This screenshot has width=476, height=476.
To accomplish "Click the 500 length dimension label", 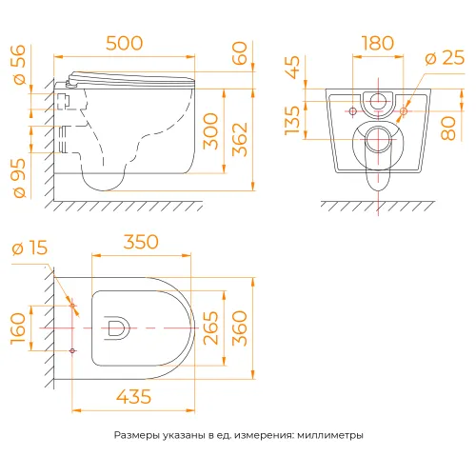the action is point(124,43).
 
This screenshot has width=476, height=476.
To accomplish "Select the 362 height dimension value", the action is point(240,140).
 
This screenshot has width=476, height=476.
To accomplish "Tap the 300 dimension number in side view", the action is point(210,131).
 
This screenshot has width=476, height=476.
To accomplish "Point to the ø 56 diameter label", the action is point(20,65).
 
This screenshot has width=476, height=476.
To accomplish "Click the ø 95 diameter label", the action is point(20,178).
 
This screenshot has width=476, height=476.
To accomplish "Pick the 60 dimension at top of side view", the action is point(239,53).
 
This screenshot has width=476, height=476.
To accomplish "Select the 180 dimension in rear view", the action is point(378,43).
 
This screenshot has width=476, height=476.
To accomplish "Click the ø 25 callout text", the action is point(445,57).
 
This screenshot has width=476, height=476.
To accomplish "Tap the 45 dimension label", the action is point(292,68).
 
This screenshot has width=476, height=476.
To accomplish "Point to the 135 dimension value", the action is point(292,121).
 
